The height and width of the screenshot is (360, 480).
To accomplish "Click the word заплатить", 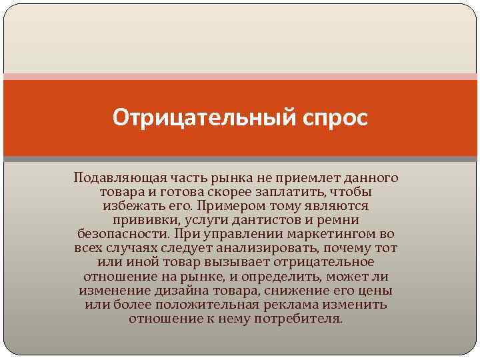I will click(288, 192).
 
